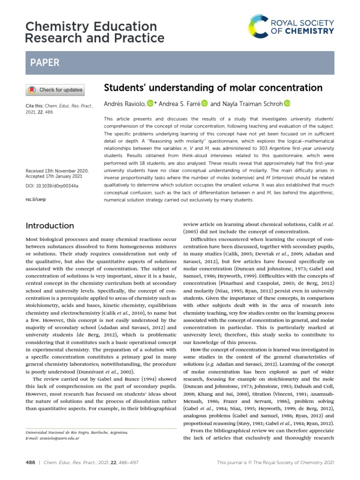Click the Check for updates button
click(x=55, y=90)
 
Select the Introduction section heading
click(x=50, y=225)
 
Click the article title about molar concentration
click(x=213, y=88)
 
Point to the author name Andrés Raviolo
click(x=124, y=104)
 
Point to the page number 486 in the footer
click(x=30, y=463)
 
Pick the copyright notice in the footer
click(x=276, y=463)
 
